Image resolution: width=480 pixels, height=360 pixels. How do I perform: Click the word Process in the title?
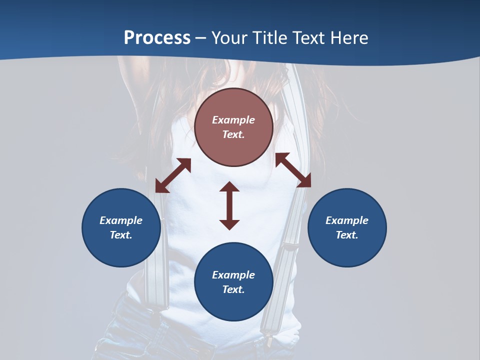point(157,38)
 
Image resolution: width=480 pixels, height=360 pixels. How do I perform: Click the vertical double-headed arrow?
point(229,205)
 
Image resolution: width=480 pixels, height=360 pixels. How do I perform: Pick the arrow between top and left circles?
point(173,175)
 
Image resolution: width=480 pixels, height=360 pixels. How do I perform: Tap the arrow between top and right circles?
point(293,170)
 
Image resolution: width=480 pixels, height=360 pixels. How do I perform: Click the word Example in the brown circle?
point(233,120)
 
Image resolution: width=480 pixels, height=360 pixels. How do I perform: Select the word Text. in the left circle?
point(121,235)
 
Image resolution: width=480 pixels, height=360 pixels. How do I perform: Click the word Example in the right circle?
point(347,220)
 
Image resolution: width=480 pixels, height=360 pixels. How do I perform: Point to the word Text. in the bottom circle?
point(233,289)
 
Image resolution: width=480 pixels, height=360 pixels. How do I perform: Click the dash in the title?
point(201,38)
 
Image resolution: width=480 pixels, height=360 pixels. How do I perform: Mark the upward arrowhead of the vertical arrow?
point(229,186)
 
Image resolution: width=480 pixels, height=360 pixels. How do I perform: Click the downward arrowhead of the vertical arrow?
point(229,224)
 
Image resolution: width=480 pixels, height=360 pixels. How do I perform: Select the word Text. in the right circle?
point(347,235)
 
